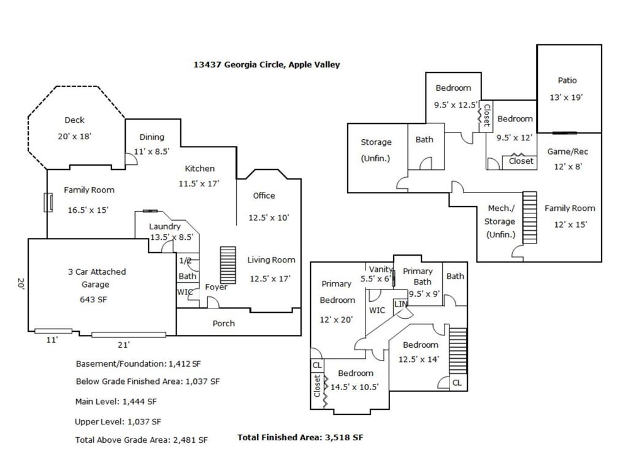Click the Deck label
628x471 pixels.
74,120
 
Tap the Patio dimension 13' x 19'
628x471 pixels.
566,98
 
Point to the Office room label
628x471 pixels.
264,196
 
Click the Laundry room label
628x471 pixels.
164,227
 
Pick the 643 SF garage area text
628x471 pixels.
93,299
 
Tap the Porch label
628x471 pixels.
223,324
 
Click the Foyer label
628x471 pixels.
216,287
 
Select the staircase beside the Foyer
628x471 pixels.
228,265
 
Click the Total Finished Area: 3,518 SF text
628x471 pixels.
301,437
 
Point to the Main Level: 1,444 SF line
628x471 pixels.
116,401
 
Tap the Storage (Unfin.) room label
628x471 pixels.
376,150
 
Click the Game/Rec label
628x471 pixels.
567,151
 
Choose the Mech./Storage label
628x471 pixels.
500,221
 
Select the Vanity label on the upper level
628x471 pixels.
380,269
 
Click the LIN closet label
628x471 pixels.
400,304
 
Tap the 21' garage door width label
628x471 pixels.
123,345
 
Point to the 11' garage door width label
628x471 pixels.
52,340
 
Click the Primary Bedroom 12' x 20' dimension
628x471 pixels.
336,320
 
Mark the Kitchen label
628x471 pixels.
199,169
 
